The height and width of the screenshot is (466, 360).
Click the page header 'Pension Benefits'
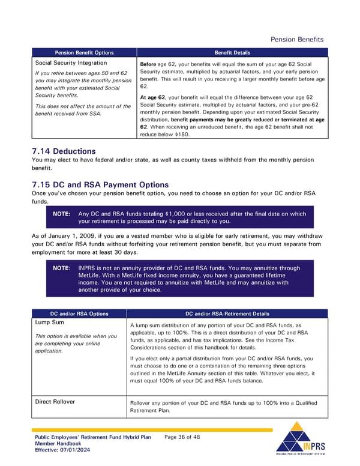point(297,40)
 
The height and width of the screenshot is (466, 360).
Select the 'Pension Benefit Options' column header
point(84,53)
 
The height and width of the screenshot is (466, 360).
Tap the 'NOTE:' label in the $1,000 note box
point(62,213)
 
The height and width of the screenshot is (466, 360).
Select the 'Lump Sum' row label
point(50,323)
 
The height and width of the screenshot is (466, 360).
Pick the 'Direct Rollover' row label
point(55,402)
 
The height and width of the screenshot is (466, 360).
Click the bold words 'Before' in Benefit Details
point(148,64)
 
